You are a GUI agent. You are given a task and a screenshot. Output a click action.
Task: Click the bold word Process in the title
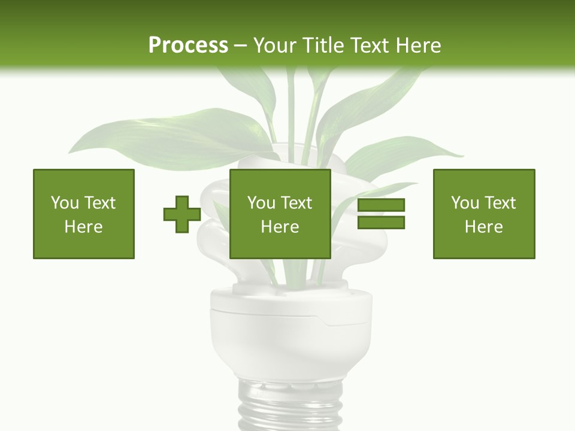pos(188,45)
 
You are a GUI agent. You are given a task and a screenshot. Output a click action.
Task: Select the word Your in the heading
pos(276,45)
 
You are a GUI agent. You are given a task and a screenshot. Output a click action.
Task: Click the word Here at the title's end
pos(417,45)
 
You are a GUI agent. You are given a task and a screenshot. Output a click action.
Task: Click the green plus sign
pos(182,214)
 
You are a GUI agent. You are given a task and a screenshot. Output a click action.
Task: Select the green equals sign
pos(382,214)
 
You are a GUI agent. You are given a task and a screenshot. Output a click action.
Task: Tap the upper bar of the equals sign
pos(382,205)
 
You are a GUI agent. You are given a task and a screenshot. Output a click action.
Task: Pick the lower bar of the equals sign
pos(382,222)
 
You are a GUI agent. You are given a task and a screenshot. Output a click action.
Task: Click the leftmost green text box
pos(84,214)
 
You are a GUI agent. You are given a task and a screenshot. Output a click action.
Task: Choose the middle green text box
pos(280,214)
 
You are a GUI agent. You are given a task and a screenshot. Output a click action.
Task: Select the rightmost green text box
pos(484,214)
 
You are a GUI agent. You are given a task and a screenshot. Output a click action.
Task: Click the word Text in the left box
pos(99,203)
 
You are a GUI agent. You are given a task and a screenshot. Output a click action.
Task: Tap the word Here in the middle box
pos(280,227)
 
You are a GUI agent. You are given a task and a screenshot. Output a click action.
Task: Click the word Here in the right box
pos(483,227)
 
